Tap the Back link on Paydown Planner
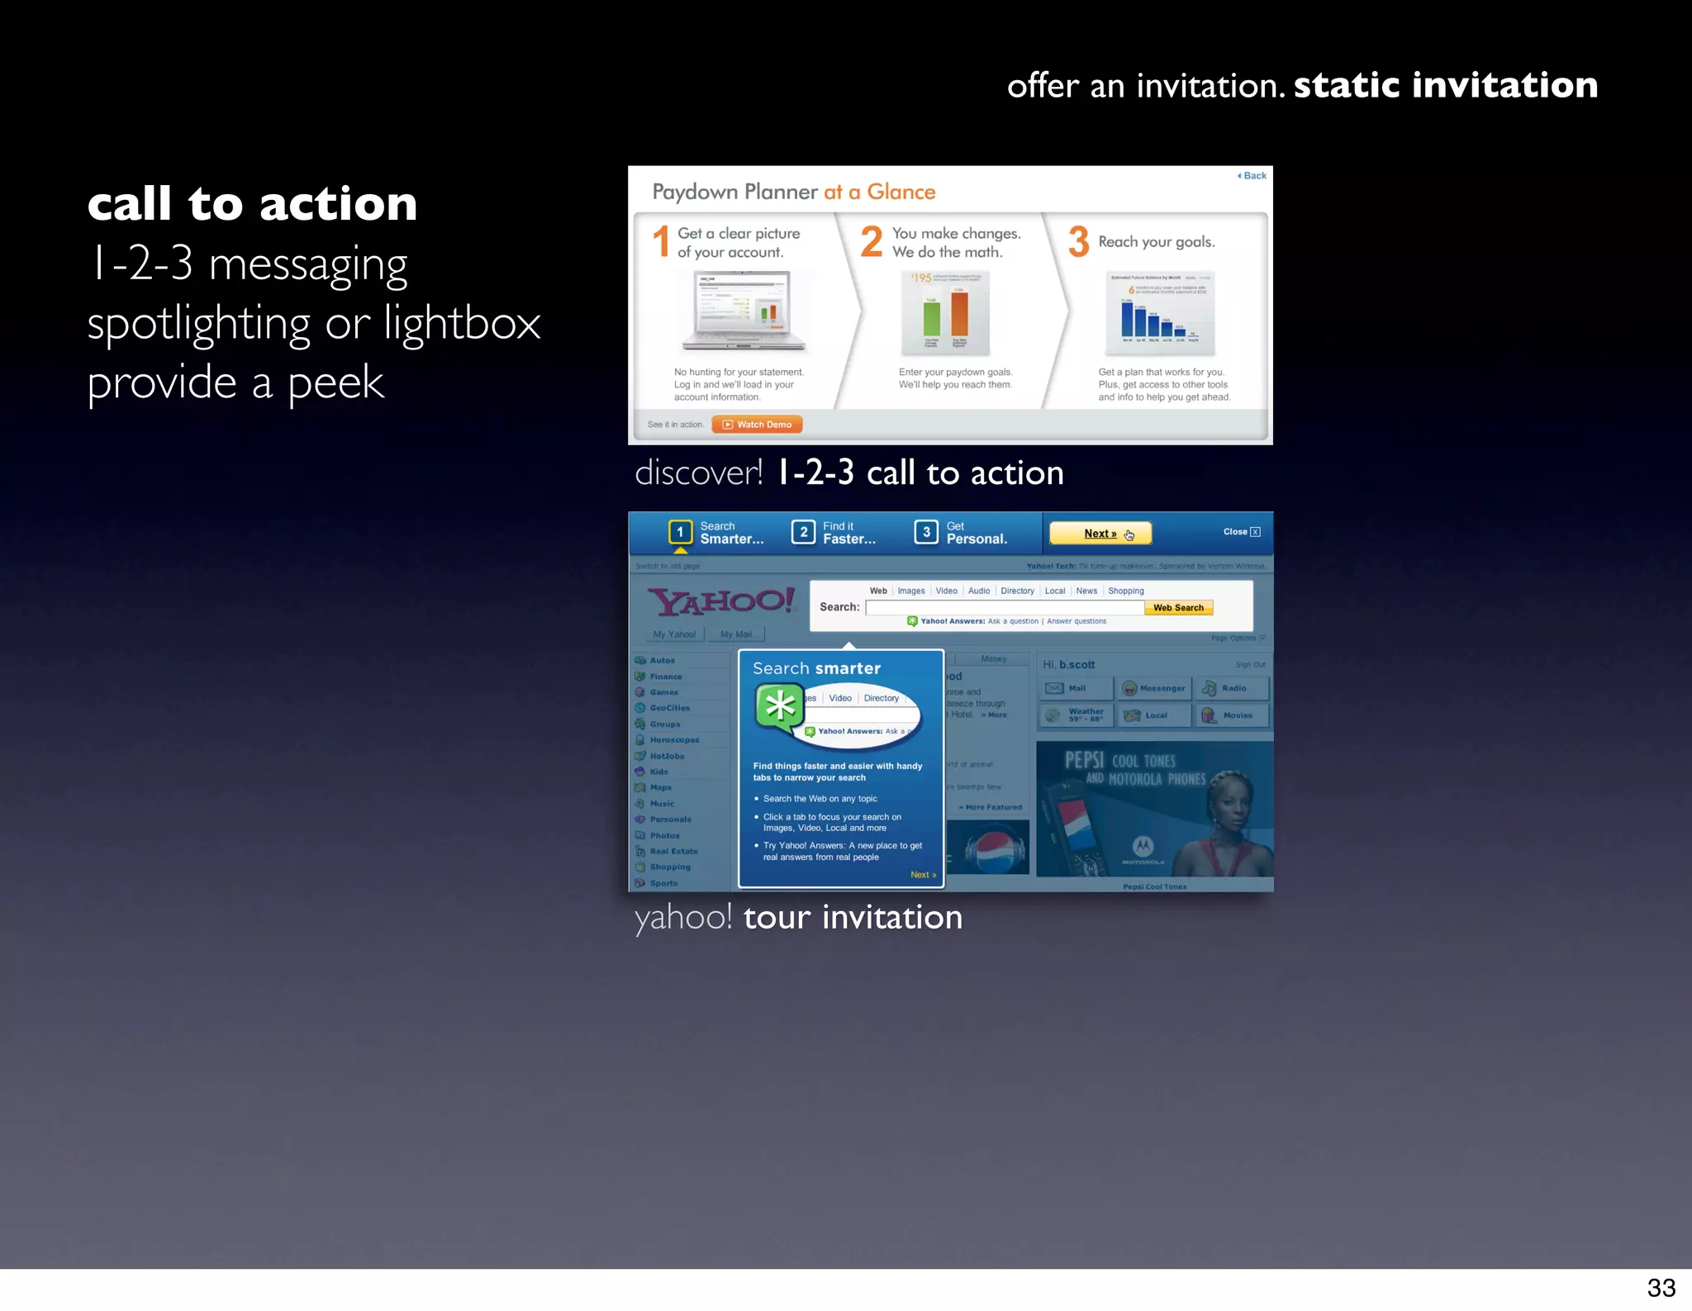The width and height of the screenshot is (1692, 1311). (x=1252, y=176)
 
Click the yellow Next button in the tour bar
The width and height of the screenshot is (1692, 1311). (x=1100, y=534)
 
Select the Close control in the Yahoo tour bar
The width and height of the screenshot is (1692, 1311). (x=1242, y=532)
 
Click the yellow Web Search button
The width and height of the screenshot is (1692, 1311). (x=1178, y=608)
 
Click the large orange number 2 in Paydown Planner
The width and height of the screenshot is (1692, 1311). (x=872, y=242)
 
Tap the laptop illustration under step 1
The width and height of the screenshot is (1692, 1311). (x=744, y=311)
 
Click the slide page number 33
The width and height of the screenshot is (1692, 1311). (x=1661, y=1287)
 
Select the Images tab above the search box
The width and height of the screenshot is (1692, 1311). (x=911, y=591)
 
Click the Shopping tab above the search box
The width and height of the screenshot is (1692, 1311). (x=1125, y=591)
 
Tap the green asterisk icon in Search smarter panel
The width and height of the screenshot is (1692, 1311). (x=780, y=707)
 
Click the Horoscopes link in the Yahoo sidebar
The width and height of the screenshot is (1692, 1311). (x=673, y=740)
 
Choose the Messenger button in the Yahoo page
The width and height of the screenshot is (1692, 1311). (x=1154, y=688)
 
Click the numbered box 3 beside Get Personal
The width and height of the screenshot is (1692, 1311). (x=926, y=532)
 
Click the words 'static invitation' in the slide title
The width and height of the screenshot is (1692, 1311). (x=1445, y=85)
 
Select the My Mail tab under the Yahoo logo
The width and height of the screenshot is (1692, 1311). (x=735, y=634)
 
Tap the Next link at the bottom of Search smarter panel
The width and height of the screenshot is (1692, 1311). (x=923, y=875)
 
